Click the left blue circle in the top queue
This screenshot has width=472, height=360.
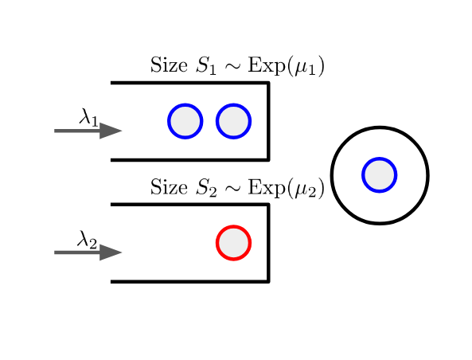185,121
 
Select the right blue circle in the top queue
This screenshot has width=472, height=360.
233,121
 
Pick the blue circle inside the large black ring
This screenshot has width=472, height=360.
379,174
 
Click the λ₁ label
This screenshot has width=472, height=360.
88,118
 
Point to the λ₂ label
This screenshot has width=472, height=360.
87,239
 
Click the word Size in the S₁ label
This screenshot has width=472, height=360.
168,65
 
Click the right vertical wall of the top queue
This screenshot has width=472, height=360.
268,121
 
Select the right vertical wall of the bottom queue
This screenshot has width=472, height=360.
268,242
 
